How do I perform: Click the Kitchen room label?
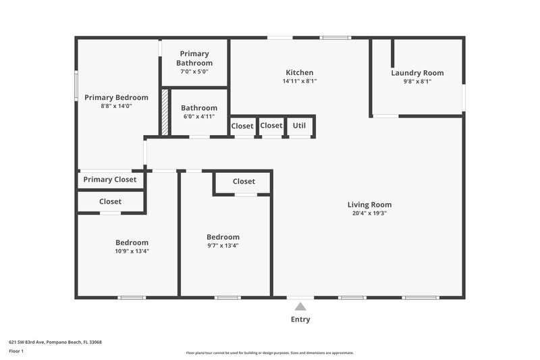299,72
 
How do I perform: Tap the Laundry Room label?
417,73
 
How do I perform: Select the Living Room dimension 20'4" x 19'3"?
369,213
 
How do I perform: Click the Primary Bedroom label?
116,97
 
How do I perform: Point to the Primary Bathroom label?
194,58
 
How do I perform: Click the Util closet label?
299,126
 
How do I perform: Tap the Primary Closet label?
109,180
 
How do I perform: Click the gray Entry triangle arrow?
300,307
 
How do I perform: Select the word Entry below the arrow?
300,319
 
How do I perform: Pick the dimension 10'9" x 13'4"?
132,251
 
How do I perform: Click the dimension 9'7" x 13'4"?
223,245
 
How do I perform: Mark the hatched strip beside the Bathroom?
164,112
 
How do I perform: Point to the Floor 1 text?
17,351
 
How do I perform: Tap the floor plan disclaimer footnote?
269,353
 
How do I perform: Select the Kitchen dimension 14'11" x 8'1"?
299,81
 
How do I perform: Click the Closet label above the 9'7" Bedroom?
244,181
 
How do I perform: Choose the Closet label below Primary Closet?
110,201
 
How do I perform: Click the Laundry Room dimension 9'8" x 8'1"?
417,81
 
